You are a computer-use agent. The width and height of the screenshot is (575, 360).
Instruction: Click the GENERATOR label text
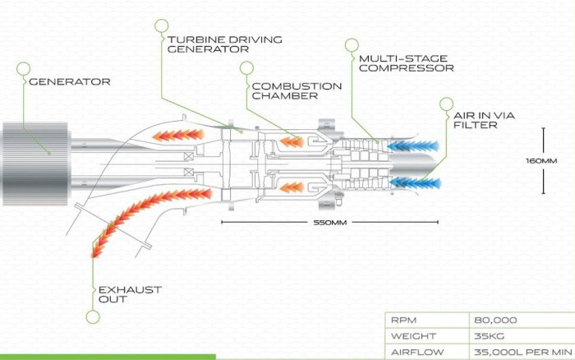point(69,81)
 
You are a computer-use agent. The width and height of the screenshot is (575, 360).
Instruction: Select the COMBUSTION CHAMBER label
point(296,90)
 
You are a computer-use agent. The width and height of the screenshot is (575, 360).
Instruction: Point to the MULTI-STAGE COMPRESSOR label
point(405,63)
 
